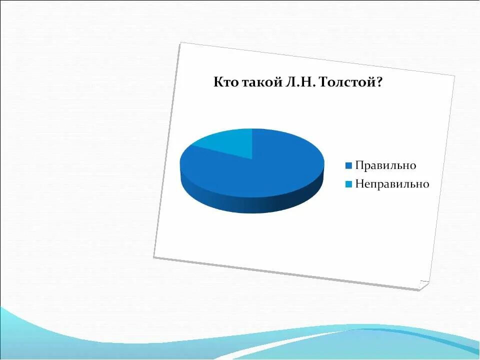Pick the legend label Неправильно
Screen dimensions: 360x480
click(x=392, y=184)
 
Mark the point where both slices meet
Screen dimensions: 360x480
click(x=252, y=159)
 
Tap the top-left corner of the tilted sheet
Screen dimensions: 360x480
click(x=180, y=43)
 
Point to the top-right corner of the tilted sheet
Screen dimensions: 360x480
click(x=454, y=76)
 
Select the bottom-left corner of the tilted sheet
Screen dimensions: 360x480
click(x=153, y=257)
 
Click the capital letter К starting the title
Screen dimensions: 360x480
click(x=218, y=82)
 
